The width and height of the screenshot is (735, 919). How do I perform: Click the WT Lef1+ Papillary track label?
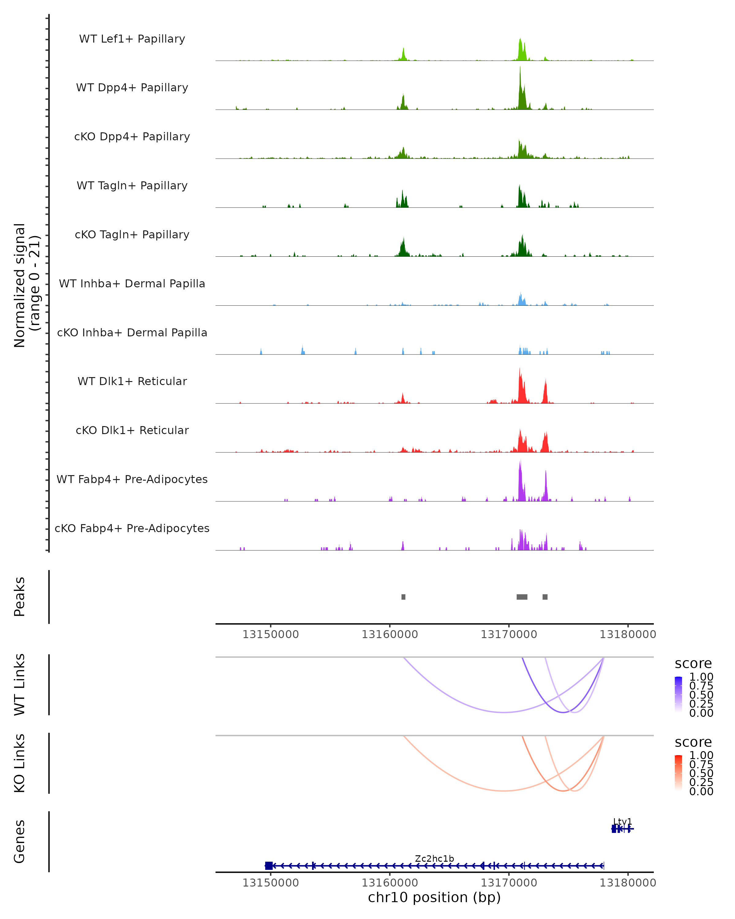tap(132, 39)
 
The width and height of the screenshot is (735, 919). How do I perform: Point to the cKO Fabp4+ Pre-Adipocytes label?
tap(132, 528)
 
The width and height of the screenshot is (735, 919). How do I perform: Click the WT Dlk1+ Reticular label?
tap(132, 381)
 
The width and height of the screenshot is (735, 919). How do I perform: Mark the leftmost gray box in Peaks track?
tap(404, 597)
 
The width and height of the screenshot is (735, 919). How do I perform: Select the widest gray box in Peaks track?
tap(522, 597)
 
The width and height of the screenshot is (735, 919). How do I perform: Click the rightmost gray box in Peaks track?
tap(545, 597)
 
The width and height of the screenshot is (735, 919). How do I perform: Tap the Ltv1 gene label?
tap(623, 821)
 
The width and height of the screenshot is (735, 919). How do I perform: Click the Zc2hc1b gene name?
tap(435, 858)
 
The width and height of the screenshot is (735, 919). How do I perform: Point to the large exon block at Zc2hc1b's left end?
tap(269, 866)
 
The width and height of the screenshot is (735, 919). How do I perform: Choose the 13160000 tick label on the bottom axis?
tap(390, 882)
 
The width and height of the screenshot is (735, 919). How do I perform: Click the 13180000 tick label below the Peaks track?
tap(628, 634)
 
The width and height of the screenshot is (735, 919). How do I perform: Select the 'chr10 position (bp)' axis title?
tap(434, 898)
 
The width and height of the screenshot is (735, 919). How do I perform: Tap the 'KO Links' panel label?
tap(20, 763)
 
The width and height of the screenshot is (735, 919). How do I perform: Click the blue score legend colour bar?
tap(678, 695)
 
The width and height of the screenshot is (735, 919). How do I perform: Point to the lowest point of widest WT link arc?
tap(504, 712)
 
